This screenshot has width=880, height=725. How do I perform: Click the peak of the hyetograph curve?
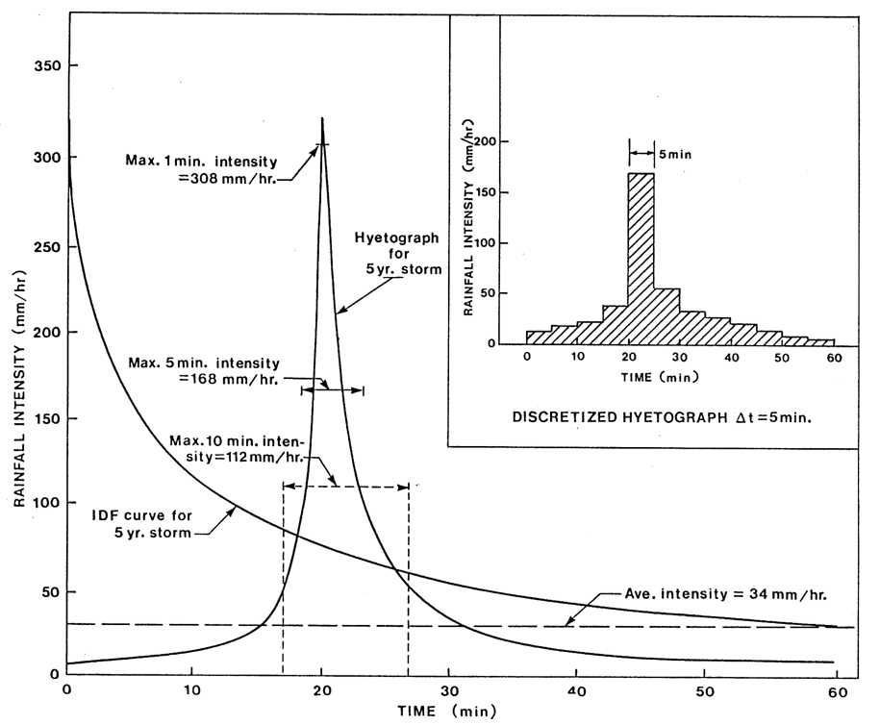322,118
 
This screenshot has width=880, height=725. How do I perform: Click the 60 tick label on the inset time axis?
834,358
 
